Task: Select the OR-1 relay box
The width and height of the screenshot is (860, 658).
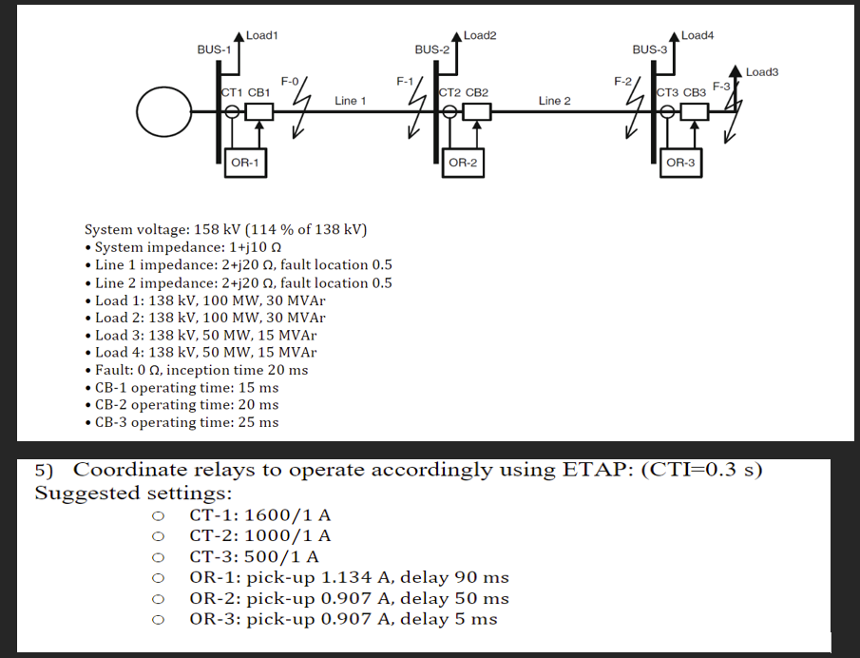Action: point(245,163)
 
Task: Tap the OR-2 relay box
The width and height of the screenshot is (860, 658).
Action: point(463,163)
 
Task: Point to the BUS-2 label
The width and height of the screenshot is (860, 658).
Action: point(432,48)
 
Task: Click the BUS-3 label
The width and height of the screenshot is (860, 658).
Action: point(650,48)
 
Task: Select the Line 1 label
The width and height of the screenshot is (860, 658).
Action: point(351,100)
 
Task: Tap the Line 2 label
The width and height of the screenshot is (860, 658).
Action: point(554,100)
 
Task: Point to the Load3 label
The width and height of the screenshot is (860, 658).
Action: point(762,72)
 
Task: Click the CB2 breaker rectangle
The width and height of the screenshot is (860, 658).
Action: point(477,112)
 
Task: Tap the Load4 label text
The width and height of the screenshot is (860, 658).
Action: point(698,35)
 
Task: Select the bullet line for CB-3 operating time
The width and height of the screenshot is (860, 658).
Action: point(186,422)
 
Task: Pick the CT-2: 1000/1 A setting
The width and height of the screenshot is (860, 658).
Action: point(260,535)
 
